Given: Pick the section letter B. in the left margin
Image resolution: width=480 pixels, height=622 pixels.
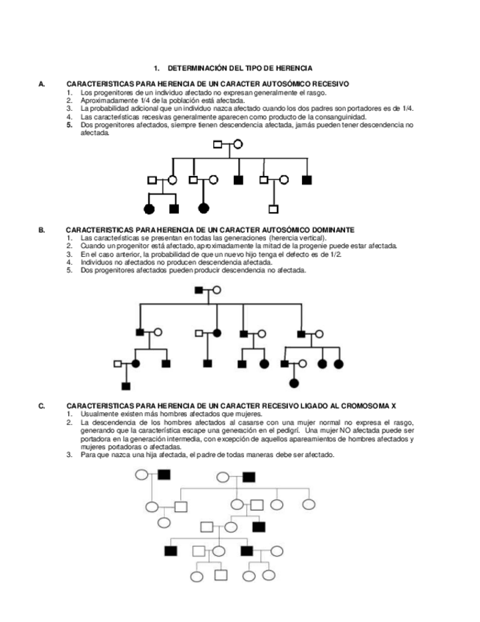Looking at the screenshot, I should point(42,230).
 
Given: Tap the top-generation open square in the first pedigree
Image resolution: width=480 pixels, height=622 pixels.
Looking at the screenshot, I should point(218,144).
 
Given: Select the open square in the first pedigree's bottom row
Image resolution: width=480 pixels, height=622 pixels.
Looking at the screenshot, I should point(273,209).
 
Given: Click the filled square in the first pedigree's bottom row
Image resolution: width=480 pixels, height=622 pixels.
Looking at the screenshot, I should point(174,209).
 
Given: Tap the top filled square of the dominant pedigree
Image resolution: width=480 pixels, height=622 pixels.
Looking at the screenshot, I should point(199,290).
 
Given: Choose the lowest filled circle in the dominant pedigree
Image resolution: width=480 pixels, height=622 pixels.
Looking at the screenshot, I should point(295,383).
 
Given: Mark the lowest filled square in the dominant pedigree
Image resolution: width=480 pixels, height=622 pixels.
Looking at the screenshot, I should point(126,385).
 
